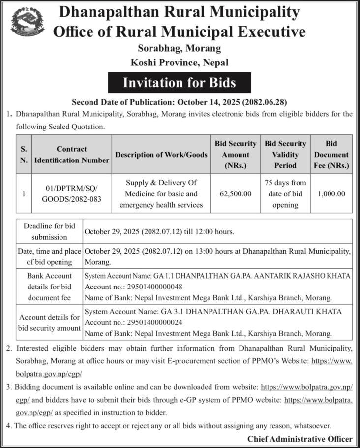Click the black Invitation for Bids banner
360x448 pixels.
point(179,83)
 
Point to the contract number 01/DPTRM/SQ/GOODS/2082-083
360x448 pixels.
point(72,194)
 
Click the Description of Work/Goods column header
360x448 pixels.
point(161,155)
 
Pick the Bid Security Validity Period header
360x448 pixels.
point(285,155)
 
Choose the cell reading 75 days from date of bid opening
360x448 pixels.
point(285,194)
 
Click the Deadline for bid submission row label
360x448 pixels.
point(49,231)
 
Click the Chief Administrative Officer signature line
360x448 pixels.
point(300,439)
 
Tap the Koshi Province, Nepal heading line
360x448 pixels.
point(180,63)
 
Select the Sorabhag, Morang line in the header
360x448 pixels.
point(180,48)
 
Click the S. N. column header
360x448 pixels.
point(24,155)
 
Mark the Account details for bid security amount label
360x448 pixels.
point(49,322)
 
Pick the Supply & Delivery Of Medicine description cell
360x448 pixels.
point(161,194)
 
